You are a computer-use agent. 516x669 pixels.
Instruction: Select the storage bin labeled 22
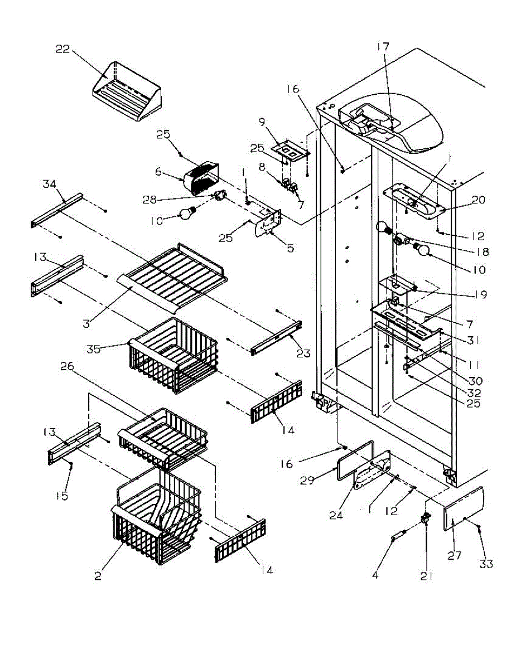[x=127, y=96]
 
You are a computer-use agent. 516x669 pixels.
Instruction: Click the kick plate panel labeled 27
[x=462, y=508]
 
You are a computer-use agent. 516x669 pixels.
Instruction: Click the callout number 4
[x=376, y=575]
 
